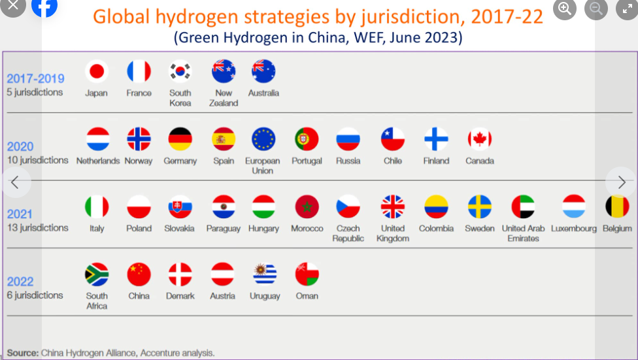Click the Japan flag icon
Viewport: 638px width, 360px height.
(x=97, y=72)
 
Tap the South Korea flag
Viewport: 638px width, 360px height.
(x=180, y=72)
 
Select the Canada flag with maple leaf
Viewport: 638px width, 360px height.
(x=480, y=139)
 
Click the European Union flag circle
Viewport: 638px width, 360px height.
(x=263, y=139)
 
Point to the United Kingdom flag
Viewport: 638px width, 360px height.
(x=393, y=206)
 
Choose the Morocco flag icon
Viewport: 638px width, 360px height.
(x=307, y=206)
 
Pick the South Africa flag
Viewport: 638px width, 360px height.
(x=97, y=274)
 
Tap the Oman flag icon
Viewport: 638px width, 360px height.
(x=307, y=274)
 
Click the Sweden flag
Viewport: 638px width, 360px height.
(x=480, y=206)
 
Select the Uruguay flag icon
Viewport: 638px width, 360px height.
(x=265, y=274)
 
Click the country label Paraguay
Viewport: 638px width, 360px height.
(x=224, y=229)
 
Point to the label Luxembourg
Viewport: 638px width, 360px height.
(x=574, y=229)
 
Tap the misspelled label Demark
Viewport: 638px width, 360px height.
(x=180, y=296)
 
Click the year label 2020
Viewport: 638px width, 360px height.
(x=20, y=146)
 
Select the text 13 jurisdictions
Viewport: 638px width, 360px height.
(x=37, y=228)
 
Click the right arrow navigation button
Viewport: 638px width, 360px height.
(x=621, y=182)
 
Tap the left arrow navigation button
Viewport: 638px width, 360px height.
(x=15, y=182)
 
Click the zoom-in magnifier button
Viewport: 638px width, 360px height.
(x=565, y=8)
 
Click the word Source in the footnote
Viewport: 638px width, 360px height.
(x=23, y=353)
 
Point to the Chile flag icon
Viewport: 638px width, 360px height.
(x=393, y=139)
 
